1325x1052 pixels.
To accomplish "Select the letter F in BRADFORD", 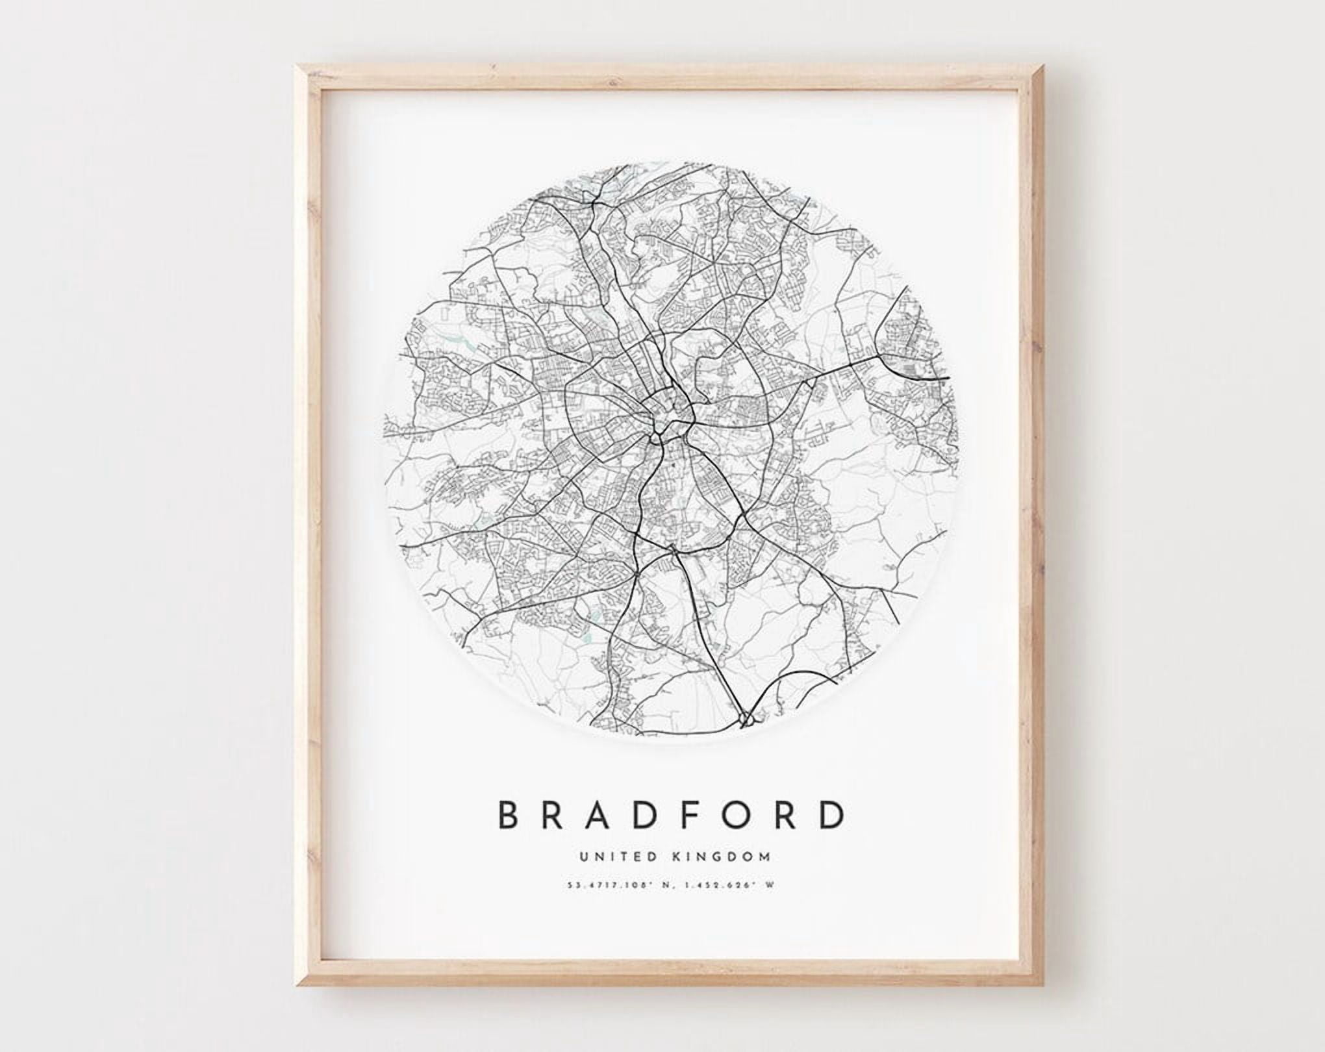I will click(x=694, y=815).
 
